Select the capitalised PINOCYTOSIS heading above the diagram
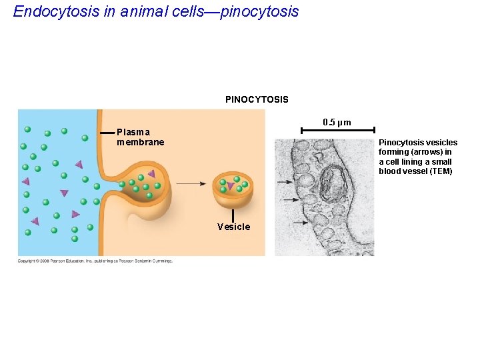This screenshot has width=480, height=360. click(x=257, y=99)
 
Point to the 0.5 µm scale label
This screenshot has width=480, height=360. click(x=337, y=123)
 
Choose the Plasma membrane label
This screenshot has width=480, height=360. click(x=140, y=137)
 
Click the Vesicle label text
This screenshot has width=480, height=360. click(x=233, y=227)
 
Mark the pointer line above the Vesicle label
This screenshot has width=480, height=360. click(x=233, y=215)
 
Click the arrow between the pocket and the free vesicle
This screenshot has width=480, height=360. click(x=191, y=183)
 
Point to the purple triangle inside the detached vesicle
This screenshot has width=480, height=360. click(x=231, y=186)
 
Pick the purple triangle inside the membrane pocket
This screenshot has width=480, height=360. click(x=151, y=174)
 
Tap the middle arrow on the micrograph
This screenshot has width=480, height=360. click(x=291, y=200)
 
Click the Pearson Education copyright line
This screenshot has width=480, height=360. click(x=95, y=261)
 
